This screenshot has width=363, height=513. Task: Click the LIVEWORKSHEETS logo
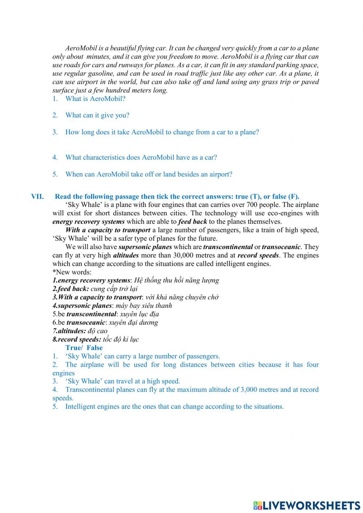click(307, 505)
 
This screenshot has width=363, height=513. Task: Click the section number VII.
click(37, 197)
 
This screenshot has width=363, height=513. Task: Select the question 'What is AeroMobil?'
click(95, 99)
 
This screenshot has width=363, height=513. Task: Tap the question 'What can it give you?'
click(97, 115)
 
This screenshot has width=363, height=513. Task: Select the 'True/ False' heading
click(84, 348)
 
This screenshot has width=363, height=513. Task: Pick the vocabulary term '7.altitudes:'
click(69, 331)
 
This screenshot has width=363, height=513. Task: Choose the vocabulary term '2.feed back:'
click(70, 289)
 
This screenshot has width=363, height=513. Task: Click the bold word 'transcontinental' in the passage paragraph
click(228, 247)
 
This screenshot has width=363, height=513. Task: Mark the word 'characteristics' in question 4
click(104, 158)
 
